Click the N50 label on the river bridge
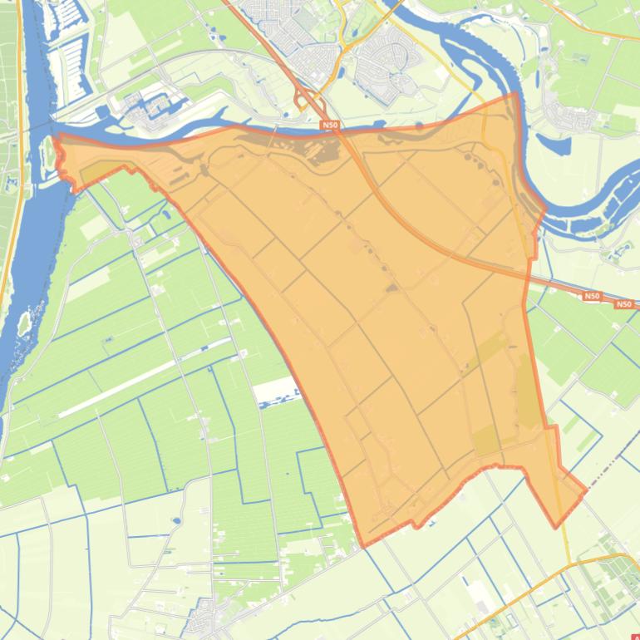pyautogui.click(x=330, y=126)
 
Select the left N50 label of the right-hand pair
pyautogui.click(x=591, y=296)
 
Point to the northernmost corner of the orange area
pyautogui.click(x=516, y=93)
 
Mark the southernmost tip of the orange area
pyautogui.click(x=362, y=546)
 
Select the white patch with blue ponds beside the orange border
pyautogui.click(x=274, y=391)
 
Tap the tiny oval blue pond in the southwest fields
pyautogui.click(x=176, y=521)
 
